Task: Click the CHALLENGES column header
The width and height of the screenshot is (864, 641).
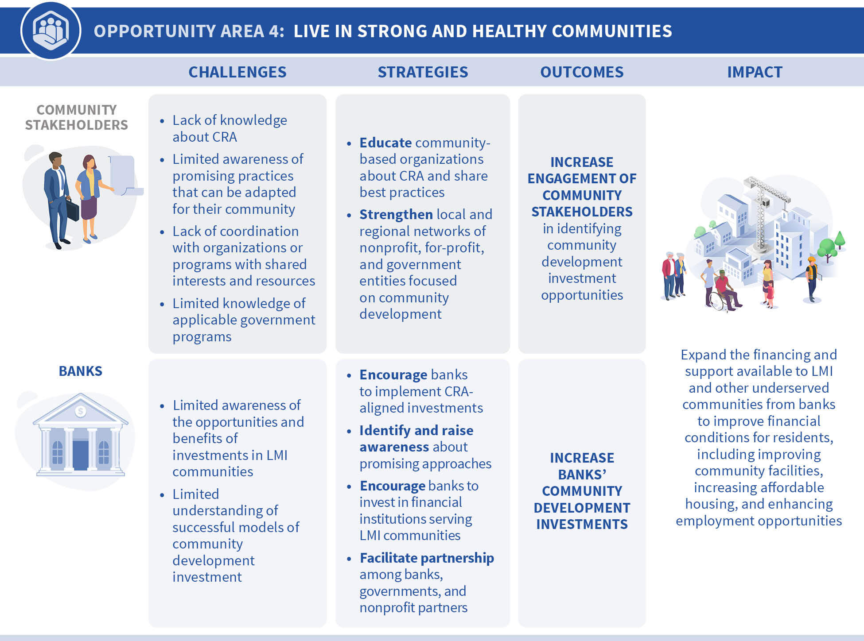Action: tap(237, 72)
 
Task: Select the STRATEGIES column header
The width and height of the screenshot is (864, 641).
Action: tap(423, 72)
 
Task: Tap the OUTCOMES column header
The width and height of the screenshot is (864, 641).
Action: tap(582, 72)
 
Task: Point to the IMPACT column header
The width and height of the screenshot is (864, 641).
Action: tap(755, 72)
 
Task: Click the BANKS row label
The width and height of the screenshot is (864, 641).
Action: tap(81, 371)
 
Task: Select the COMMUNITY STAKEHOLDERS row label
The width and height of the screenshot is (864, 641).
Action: tap(76, 117)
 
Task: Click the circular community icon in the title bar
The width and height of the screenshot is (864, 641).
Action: tap(51, 31)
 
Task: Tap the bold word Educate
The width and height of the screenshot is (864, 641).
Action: tap(385, 143)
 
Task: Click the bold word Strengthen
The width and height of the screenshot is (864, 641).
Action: tap(396, 214)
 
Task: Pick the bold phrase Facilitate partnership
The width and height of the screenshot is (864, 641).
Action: tap(427, 558)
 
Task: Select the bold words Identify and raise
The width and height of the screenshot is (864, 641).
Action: tap(416, 430)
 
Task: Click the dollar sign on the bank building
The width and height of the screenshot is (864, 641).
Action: tap(80, 411)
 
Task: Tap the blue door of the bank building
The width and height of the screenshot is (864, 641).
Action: tap(80, 455)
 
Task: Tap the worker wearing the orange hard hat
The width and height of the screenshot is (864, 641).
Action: tap(812, 279)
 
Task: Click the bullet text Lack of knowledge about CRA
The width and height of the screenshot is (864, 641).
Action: tap(230, 128)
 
